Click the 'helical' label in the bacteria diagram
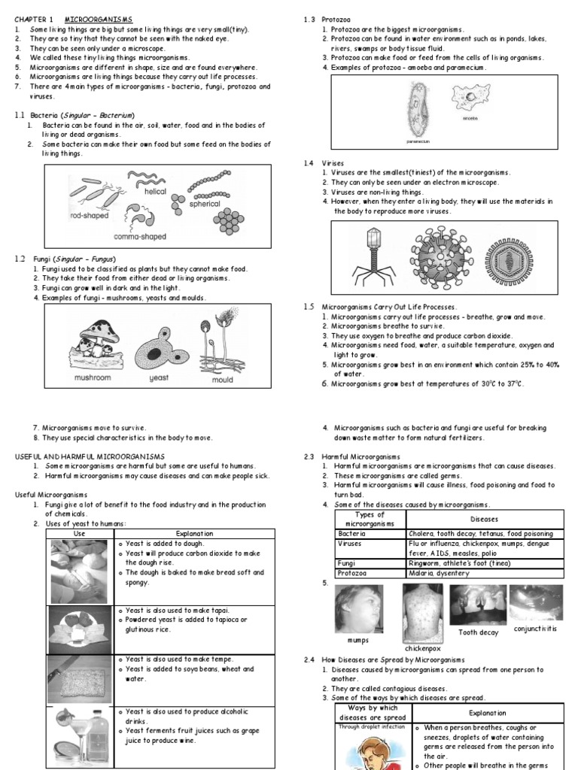point(155,192)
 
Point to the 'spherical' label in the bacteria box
point(204,204)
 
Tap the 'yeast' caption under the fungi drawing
point(159,378)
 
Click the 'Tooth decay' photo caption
point(478,632)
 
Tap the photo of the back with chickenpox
point(422,611)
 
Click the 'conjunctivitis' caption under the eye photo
point(535,628)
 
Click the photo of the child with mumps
point(359,609)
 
